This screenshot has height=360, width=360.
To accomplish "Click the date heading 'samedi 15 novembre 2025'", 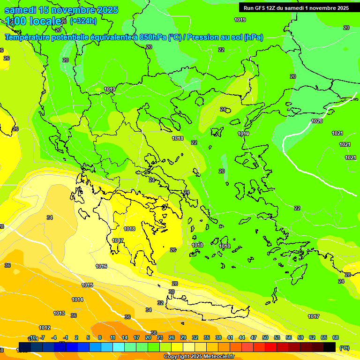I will point(61,10).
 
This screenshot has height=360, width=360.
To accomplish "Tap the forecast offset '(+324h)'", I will point(83,21).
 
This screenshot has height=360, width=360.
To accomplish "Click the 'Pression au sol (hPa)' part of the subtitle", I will point(225,37).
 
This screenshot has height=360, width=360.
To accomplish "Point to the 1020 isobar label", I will point(317,121).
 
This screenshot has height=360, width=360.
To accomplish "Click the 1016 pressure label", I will point(101,266).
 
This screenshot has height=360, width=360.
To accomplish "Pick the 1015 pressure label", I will point(87,285).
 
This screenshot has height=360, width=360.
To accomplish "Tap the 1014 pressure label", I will point(77,300).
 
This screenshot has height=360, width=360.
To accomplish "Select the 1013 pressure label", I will point(59,313).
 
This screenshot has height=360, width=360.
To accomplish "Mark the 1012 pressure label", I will point(45,328).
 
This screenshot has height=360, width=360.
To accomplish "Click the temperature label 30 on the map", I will point(172,292).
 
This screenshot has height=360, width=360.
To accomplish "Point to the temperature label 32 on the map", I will point(160,303).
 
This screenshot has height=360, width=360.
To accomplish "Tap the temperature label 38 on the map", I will point(154,333).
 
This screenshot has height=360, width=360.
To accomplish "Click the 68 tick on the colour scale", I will point(336,337).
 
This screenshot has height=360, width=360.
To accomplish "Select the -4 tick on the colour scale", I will point(54,337).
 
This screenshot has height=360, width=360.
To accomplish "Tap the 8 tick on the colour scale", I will point(100,337).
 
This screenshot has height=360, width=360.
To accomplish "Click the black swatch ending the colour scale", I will point(330,347).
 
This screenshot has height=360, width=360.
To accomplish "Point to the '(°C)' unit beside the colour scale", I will point(344,348).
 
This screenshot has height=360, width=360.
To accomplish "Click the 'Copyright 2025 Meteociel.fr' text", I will point(199,357).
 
